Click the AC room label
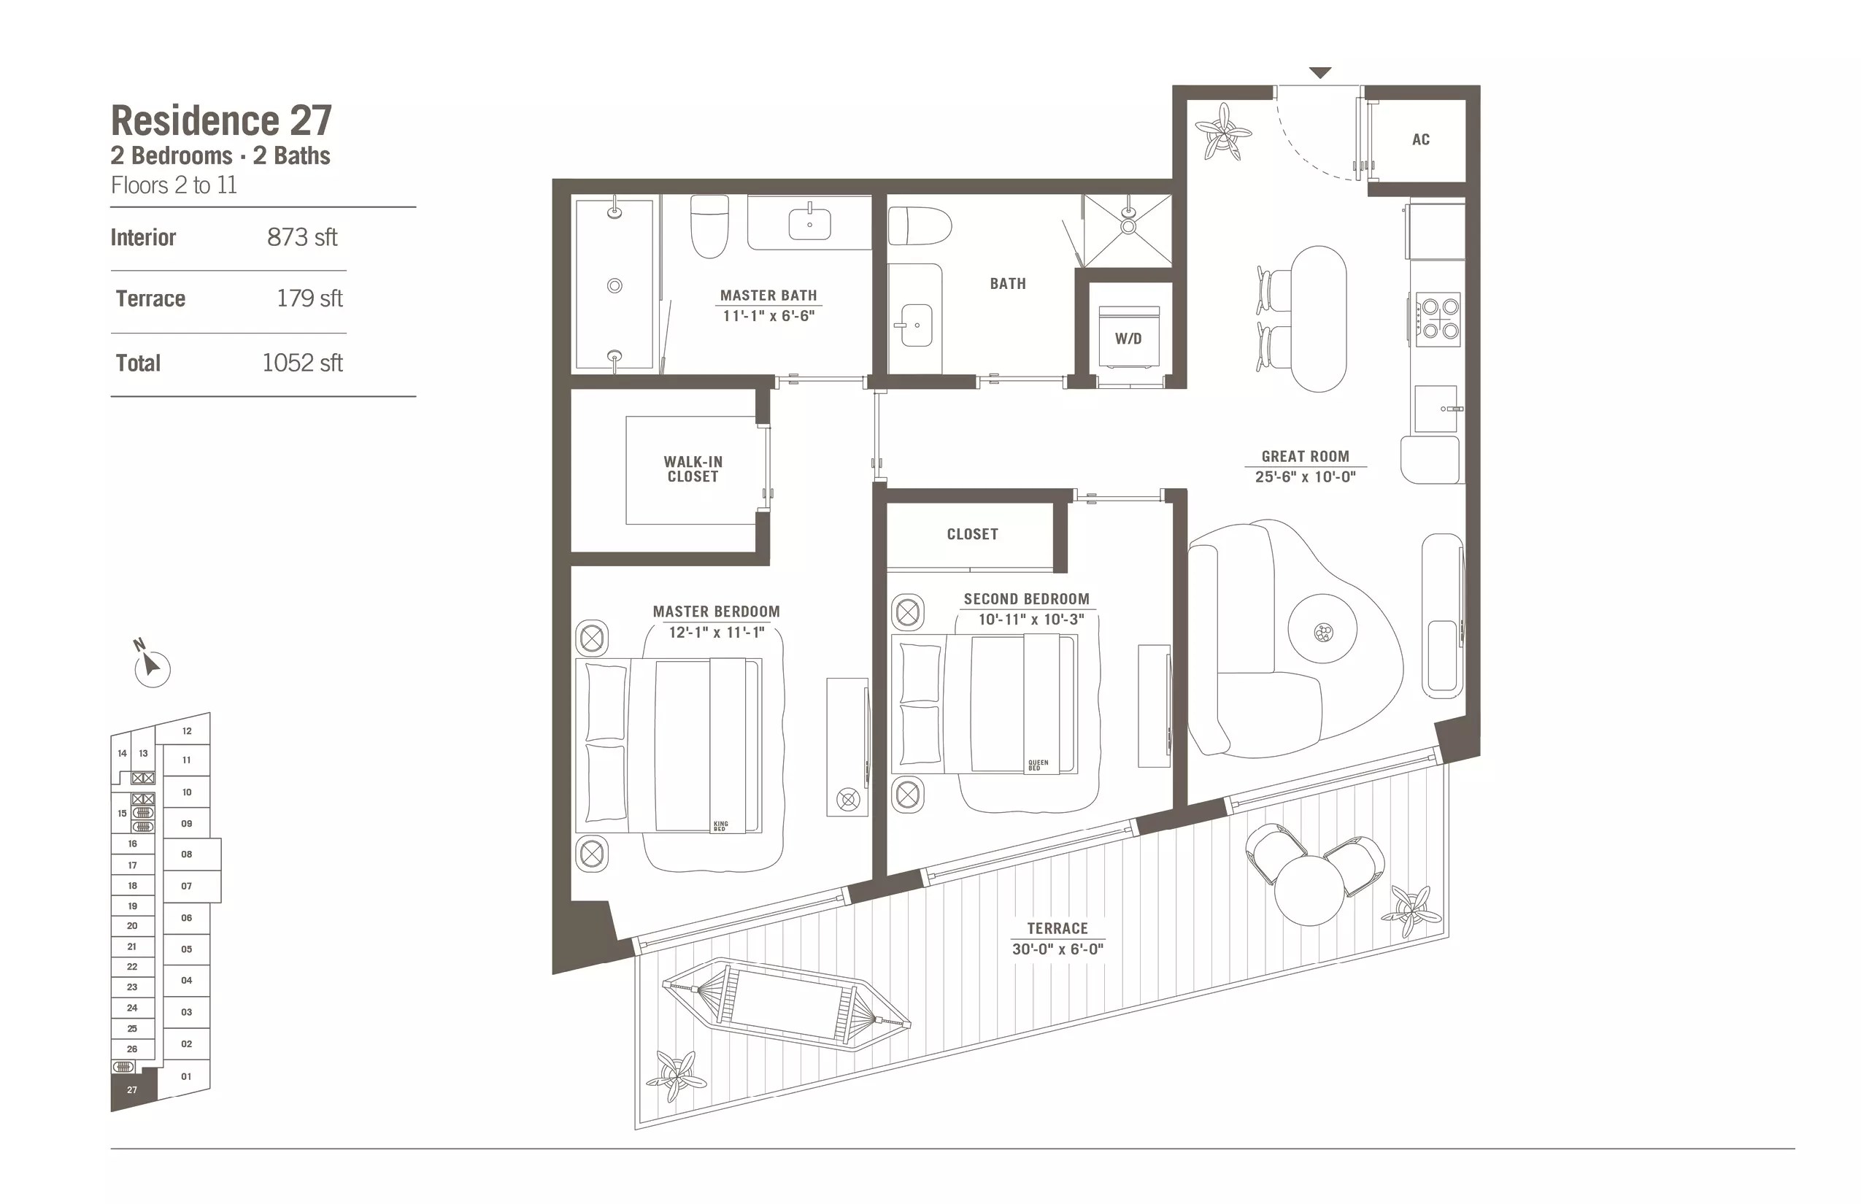[1420, 140]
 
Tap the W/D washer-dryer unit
[1128, 337]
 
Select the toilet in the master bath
[709, 226]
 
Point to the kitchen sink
[1436, 409]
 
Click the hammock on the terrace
[786, 1003]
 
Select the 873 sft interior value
[302, 237]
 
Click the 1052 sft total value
[302, 363]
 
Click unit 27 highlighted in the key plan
[132, 1089]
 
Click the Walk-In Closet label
[693, 469]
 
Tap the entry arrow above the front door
[1320, 74]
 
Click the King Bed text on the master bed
[720, 825]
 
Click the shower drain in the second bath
[1128, 227]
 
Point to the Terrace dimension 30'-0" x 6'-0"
[1057, 949]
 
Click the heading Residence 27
[221, 120]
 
